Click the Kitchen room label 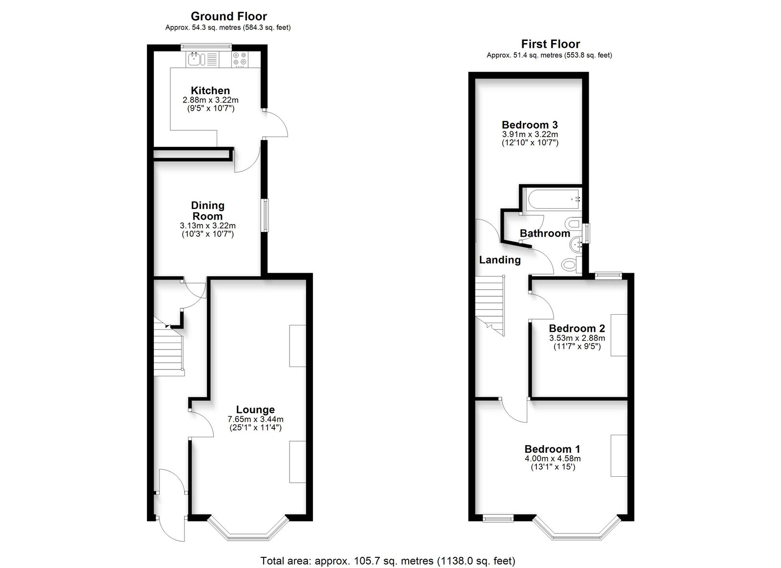click(210, 91)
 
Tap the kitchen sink click(194, 59)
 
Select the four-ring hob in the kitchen click(240, 59)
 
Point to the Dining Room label click(208, 210)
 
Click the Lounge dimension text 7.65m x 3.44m click(256, 419)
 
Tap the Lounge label click(256, 409)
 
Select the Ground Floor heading click(229, 17)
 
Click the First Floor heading click(551, 44)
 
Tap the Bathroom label click(545, 233)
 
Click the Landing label click(500, 260)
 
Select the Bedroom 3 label click(530, 125)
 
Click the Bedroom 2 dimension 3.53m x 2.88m click(577, 338)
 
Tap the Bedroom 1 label click(552, 449)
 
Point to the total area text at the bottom click(388, 561)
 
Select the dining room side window click(266, 215)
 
